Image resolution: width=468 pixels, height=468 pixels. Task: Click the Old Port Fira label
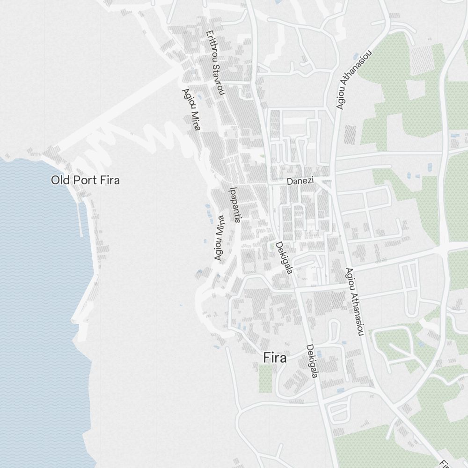click(85, 180)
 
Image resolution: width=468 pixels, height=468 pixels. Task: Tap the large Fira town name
click(275, 358)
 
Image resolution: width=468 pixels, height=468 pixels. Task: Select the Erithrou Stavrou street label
click(215, 63)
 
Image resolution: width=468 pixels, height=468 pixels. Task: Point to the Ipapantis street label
click(235, 205)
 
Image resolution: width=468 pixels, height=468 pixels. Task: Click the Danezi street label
click(300, 181)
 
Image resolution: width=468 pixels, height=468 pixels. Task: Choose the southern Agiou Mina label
click(219, 238)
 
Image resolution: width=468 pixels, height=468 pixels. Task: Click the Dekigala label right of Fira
click(312, 361)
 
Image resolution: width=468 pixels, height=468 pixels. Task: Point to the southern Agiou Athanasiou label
click(355, 302)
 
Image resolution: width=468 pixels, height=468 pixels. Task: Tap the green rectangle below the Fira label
click(265, 378)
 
